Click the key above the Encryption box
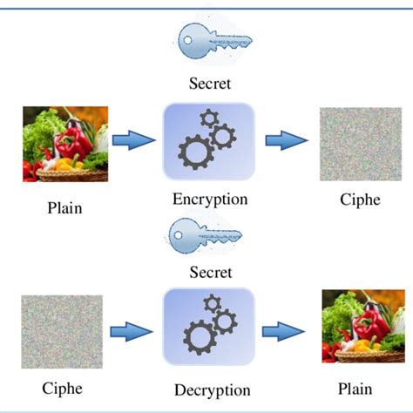click(x=213, y=41)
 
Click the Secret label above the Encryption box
click(x=211, y=85)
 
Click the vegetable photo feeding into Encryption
click(x=65, y=143)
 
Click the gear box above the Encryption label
click(x=209, y=141)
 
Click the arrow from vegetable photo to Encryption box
click(x=135, y=141)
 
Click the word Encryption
click(x=210, y=200)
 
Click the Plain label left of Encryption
click(x=65, y=209)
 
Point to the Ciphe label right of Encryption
click(x=360, y=200)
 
